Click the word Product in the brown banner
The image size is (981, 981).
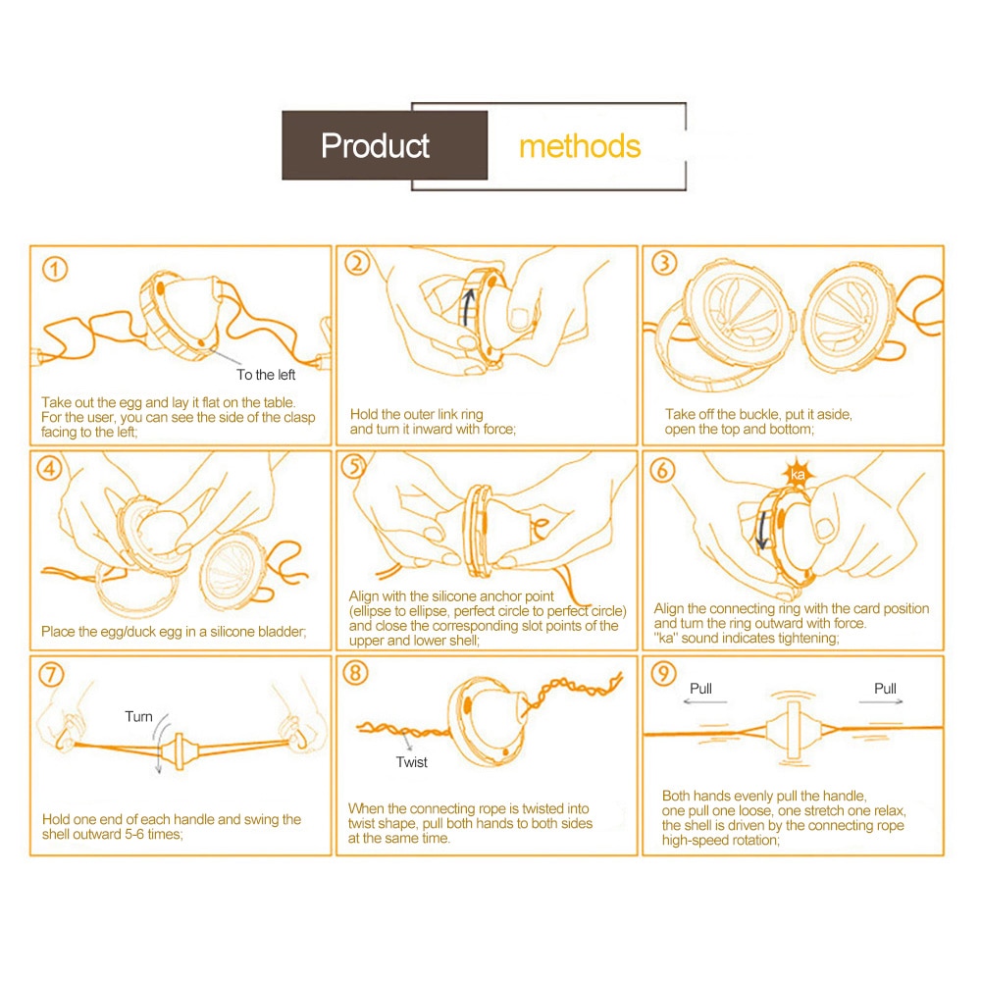coord(375,146)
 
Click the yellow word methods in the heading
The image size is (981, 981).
coord(579,147)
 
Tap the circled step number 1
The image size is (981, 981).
coord(56,268)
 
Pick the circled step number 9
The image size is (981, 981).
coord(664,676)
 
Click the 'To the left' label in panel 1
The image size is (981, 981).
coord(266,375)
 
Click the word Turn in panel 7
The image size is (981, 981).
coord(138,717)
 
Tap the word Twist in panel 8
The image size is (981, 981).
coord(412,762)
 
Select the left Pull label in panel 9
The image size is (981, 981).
coord(700,689)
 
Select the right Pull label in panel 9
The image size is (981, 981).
coord(885,689)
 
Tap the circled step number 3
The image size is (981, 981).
coord(665,265)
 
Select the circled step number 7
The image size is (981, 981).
coord(54,676)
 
